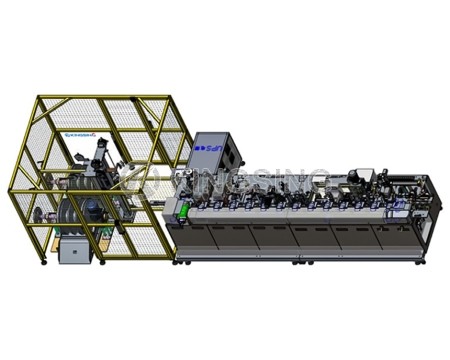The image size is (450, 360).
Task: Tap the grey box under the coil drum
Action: (x=73, y=251)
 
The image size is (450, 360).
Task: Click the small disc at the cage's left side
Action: (x=38, y=214)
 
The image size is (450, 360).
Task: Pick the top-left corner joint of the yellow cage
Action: (x=37, y=98)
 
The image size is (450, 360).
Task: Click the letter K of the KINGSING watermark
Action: (x=151, y=185)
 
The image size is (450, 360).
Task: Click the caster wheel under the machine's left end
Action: (x=179, y=261)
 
